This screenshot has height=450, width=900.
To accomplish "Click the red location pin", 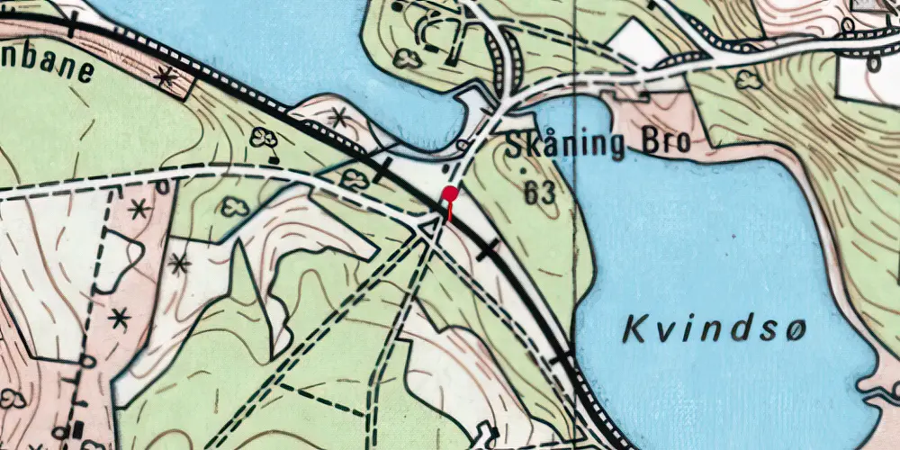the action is pos(450,193).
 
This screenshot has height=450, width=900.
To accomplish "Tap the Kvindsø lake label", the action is pos(714,330).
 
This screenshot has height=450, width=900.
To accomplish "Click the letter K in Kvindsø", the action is pos(634,330).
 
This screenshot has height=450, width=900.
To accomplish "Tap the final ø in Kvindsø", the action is pos(793,330).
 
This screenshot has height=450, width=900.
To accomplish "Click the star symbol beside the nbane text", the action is pos(165,77).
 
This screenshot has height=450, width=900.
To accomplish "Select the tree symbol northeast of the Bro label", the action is pos(747,79).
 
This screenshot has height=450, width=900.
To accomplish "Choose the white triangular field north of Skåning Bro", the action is pos(637,42).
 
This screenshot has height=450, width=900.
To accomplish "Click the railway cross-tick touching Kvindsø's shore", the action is pos(562,358).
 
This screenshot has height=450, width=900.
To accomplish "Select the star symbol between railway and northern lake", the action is pos(338,116).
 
